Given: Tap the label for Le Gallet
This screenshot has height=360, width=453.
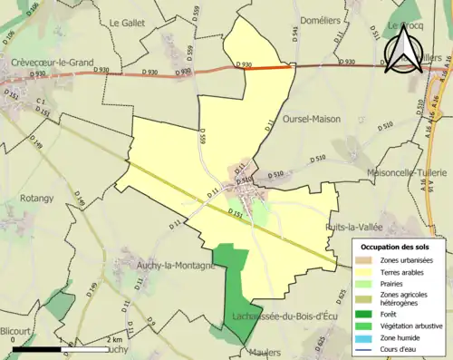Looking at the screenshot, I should point(127,22).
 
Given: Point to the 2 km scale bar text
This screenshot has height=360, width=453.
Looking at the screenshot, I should point(113,340).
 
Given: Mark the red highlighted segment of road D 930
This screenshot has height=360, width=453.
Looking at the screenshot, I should point(271,66).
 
